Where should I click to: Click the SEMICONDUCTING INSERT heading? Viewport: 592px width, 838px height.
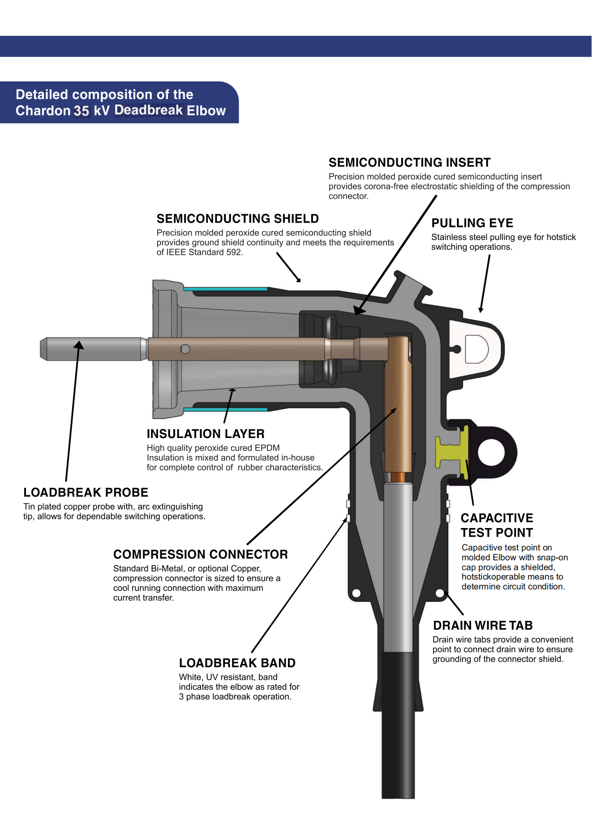pyautogui.click(x=409, y=163)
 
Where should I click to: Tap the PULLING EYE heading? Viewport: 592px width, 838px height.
pyautogui.click(x=472, y=223)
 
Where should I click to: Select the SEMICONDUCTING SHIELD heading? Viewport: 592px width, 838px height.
pyautogui.click(x=237, y=219)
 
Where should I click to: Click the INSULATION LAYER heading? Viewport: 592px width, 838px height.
pyautogui.click(x=206, y=434)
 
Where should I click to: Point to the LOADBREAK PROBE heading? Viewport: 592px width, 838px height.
pyautogui.click(x=86, y=492)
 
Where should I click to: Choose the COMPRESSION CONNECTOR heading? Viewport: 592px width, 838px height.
pyautogui.click(x=200, y=554)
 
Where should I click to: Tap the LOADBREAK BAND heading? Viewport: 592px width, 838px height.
pyautogui.click(x=237, y=663)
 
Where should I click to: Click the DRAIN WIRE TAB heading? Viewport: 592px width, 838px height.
pyautogui.click(x=483, y=625)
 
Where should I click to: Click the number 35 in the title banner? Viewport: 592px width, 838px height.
pyautogui.click(x=82, y=111)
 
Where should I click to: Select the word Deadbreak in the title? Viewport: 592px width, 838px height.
pyautogui.click(x=149, y=110)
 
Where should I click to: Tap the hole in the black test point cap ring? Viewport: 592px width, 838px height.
pyautogui.click(x=492, y=452)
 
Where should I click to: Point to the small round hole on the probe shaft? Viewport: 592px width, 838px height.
pyautogui.click(x=185, y=349)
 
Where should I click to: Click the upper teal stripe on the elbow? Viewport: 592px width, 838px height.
pyautogui.click(x=225, y=289)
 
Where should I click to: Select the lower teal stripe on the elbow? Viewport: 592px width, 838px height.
pyautogui.click(x=225, y=409)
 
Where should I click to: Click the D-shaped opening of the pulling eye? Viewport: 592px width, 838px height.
pyautogui.click(x=476, y=348)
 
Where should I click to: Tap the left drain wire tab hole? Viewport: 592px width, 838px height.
pyautogui.click(x=356, y=593)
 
